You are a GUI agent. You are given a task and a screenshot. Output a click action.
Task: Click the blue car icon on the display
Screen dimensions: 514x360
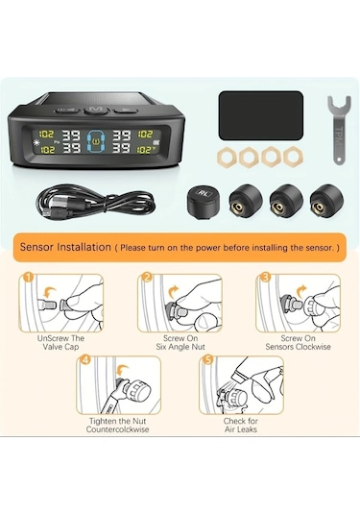tap(94, 143)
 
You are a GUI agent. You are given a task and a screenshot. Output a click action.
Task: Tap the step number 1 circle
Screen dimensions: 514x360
tap(28, 281)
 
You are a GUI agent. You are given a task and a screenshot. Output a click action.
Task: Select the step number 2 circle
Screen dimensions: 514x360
tap(147, 281)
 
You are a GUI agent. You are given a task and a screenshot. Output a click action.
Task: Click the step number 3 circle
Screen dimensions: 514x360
tap(264, 281)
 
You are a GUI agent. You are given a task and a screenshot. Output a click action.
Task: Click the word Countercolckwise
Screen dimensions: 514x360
tap(121, 429)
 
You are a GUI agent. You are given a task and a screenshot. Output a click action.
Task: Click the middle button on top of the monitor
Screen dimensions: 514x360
tap(94, 110)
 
